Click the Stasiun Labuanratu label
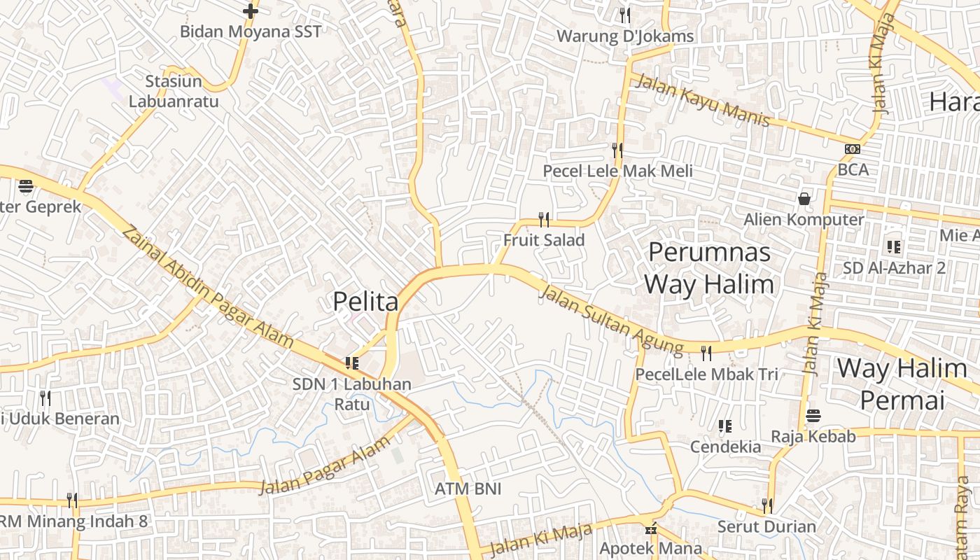174,92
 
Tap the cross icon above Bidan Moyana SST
251,11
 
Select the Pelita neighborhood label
365,301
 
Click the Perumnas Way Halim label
709,268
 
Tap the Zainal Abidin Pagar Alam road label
208,286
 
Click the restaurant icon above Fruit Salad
544,219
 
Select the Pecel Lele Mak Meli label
617,171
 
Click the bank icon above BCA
853,149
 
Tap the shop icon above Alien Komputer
804,199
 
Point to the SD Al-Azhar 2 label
894,268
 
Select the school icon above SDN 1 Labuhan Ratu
351,363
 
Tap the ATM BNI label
468,489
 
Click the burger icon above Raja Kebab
813,416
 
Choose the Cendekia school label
725,447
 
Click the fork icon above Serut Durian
766,505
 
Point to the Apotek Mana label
650,548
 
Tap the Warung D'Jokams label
625,36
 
